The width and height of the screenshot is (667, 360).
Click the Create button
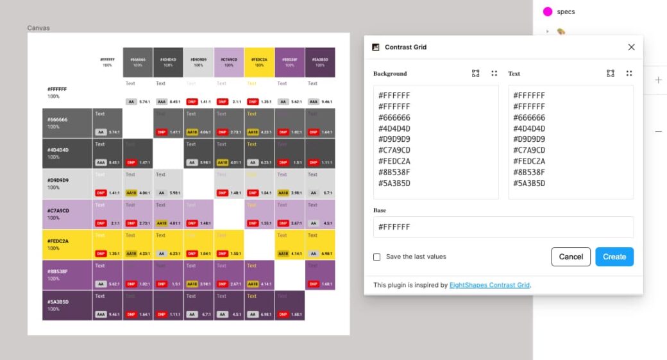coord(614,257)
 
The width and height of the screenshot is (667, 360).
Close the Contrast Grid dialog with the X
coord(631,47)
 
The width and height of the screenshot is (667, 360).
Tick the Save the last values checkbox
coord(377,257)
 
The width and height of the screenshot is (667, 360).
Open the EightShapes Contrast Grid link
coord(489,285)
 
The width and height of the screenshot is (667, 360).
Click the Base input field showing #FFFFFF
coord(503,227)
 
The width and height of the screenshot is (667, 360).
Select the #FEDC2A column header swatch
coord(259,62)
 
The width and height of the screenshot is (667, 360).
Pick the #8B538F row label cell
coord(67,275)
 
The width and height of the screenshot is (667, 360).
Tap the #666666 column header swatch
coord(138,62)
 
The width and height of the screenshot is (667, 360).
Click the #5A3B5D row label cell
coord(67,305)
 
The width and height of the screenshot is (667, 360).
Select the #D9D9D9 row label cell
coord(67,184)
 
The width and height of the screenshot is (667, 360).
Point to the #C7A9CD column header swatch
coord(229,62)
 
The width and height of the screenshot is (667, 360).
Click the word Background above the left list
coord(390,74)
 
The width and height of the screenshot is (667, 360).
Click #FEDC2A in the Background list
coord(394,161)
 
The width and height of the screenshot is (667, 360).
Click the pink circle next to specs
coord(548,12)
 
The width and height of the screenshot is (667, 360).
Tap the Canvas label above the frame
coord(38,28)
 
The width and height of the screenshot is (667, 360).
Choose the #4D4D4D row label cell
coord(67,153)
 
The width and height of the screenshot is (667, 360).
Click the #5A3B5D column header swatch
coord(320,62)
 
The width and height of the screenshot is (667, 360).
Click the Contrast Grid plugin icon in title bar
coord(376,47)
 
